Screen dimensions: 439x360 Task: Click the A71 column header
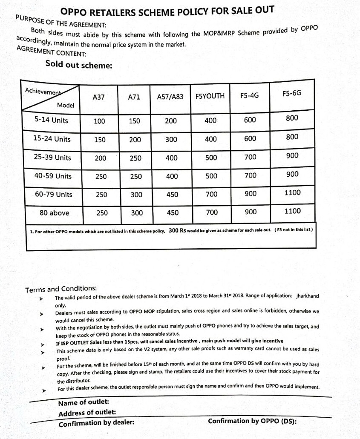coord(134,97)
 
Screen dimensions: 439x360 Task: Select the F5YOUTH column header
coord(210,96)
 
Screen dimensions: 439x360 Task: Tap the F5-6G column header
coord(291,93)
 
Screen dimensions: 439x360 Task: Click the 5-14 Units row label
coord(51,120)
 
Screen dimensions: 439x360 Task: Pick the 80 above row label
coord(54,213)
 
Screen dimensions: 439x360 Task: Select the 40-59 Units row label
coord(53,176)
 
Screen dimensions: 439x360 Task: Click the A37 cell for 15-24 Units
coord(100,140)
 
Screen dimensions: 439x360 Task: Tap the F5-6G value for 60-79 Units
coord(292,192)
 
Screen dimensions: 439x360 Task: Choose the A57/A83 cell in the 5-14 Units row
coord(170,121)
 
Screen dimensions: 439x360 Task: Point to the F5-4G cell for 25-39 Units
coord(251,157)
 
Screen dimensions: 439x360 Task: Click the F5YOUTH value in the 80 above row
coord(212,212)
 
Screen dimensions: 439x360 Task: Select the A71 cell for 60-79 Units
coord(136,195)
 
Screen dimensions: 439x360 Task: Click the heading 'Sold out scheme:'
coord(79,65)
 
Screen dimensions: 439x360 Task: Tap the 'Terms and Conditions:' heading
coord(61,289)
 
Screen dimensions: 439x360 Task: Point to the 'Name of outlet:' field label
coord(84,402)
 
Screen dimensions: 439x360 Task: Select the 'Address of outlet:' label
coord(87,413)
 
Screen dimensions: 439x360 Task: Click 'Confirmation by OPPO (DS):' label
coord(252,421)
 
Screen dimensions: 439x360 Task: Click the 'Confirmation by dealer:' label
coord(96,423)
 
